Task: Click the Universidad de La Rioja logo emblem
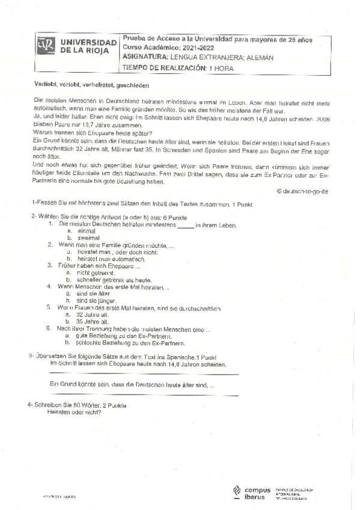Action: click(x=47, y=48)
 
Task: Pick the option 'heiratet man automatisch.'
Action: click(x=109, y=259)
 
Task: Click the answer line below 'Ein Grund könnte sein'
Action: click(x=144, y=395)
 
